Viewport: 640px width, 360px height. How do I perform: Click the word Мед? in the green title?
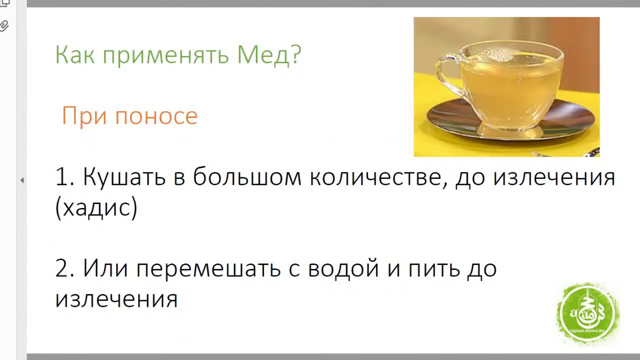point(269,55)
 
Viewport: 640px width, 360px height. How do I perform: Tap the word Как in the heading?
point(74,54)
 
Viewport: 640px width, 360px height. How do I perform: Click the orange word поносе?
point(156,116)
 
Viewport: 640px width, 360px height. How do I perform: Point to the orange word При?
point(84,115)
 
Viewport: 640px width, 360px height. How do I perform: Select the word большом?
point(247,176)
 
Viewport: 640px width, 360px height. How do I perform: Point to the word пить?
point(434,269)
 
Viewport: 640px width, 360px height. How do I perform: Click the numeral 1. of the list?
point(65,177)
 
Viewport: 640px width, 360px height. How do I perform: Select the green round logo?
point(588,313)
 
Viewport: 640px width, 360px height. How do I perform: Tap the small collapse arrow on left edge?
point(22,180)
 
